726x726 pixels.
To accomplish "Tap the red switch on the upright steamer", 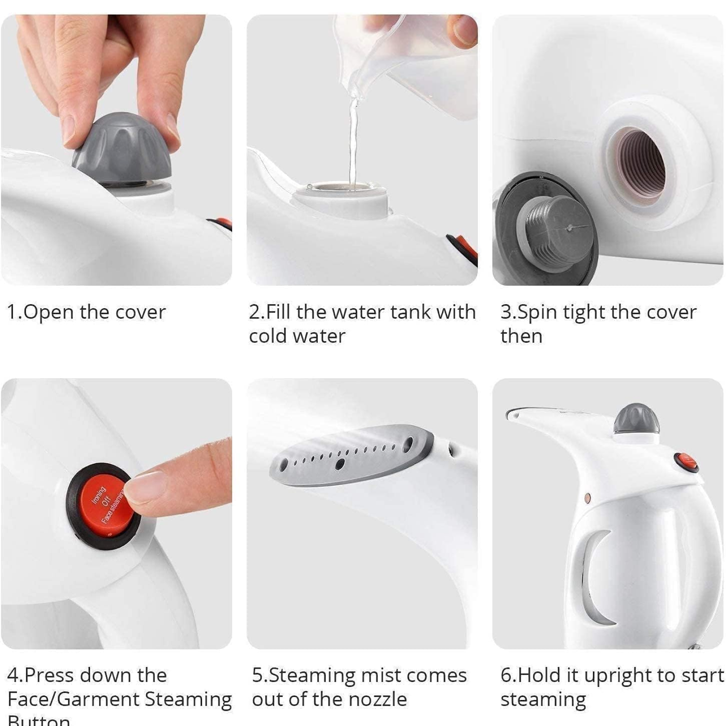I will pos(686,462).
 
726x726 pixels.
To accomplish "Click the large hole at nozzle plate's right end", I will pos(408,443).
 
